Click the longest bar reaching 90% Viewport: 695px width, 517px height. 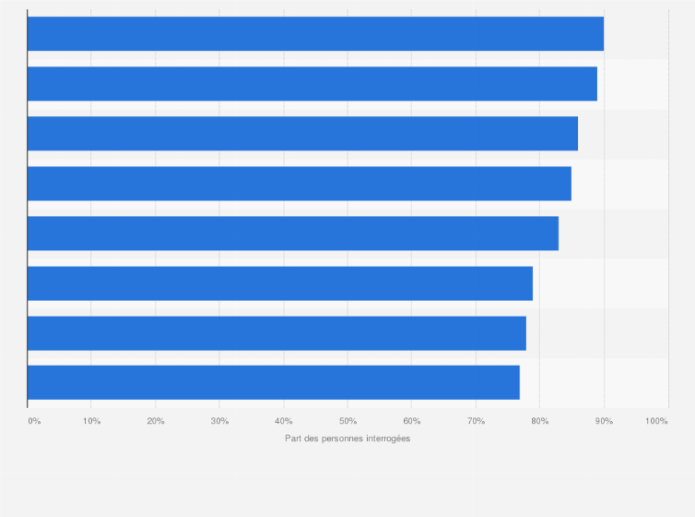pos(315,34)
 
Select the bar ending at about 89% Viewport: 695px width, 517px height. pos(312,84)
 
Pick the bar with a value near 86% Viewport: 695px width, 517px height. pos(302,134)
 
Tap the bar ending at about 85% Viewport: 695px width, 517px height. pos(299,184)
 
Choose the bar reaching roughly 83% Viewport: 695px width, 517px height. pos(292,234)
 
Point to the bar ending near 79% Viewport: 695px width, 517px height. pos(279,283)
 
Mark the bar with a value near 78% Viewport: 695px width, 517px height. pos(277,333)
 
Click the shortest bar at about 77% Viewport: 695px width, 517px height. pos(273,382)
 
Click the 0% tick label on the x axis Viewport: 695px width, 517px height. pos(34,421)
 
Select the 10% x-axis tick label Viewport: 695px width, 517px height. pos(91,421)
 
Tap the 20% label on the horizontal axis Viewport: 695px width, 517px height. pos(156,421)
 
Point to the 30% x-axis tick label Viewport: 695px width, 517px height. pos(219,421)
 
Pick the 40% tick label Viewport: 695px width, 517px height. pos(284,421)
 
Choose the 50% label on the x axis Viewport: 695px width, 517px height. pos(347,421)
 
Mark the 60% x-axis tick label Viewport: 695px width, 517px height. pos(412,421)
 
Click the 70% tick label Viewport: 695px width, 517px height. pos(476,421)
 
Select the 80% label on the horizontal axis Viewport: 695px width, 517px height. pos(540,421)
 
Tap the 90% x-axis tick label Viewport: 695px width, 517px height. pos(604,421)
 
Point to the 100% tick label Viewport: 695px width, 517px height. pos(656,421)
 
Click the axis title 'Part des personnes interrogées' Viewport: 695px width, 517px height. pos(347,439)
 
